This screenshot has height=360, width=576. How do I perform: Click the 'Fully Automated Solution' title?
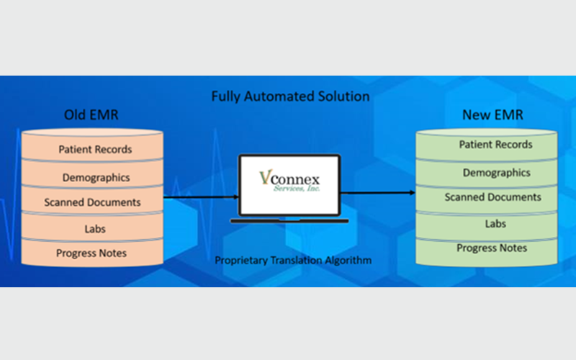(290, 96)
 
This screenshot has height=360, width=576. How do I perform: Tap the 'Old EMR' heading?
(91, 115)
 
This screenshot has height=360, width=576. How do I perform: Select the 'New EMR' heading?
(492, 115)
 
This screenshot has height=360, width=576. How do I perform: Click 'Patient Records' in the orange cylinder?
(95, 150)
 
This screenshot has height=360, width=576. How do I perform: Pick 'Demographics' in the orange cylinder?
(96, 178)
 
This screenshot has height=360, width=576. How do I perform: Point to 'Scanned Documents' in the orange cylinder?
(92, 202)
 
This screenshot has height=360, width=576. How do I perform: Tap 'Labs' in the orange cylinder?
(95, 229)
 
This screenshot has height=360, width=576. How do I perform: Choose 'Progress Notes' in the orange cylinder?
(91, 253)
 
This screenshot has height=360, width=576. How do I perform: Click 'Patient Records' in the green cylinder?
(495, 145)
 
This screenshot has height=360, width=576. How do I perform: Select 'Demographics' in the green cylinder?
(496, 173)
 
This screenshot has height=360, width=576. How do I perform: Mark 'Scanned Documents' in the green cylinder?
(492, 197)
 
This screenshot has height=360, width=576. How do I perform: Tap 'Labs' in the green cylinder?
(495, 224)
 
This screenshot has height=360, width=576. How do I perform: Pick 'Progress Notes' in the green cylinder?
(492, 248)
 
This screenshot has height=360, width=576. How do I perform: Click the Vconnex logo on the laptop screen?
(289, 181)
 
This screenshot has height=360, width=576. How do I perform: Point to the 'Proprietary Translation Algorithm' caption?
(293, 261)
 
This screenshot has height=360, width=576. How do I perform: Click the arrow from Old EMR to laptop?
(202, 197)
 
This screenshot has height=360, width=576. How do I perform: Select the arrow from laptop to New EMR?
(378, 192)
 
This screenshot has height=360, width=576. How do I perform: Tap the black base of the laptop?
(289, 221)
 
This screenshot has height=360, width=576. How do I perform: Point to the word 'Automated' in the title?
(279, 96)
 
